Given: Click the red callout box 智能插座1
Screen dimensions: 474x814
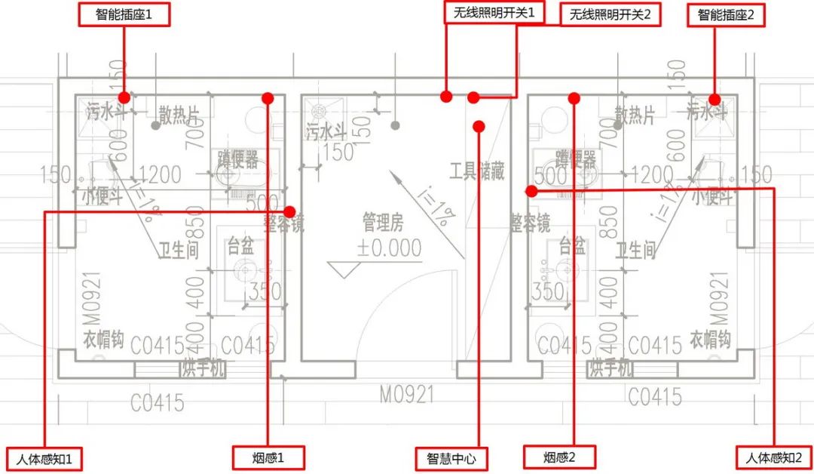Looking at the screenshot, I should (124, 14).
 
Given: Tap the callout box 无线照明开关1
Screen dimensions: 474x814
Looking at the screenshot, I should (494, 14).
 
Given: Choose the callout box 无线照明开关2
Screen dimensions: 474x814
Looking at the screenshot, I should (610, 14).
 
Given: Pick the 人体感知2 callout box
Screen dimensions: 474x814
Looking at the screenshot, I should (773, 457).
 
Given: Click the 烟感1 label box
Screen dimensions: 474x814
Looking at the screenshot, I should (268, 457).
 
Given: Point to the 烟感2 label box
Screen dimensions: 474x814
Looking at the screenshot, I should (559, 457).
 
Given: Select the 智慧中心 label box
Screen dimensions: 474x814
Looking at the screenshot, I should (451, 458).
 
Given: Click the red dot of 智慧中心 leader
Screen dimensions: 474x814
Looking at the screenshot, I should (479, 126).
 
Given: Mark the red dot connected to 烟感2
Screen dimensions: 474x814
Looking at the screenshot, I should (574, 97).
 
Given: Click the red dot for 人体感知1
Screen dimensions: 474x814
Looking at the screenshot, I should (289, 212).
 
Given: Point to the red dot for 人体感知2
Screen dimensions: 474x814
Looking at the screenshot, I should (531, 191).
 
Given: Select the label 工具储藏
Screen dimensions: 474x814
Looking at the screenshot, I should (476, 171).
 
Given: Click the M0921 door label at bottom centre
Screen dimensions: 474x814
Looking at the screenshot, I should (408, 395).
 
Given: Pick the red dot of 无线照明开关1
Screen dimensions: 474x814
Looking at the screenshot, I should (446, 97).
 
